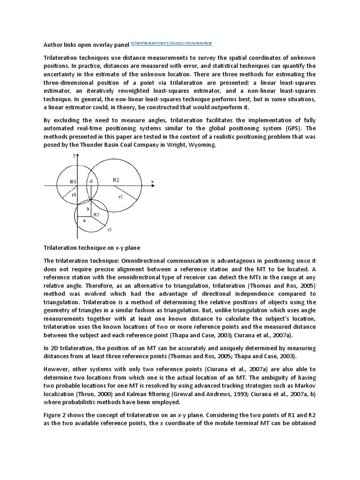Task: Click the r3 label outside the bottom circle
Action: coord(109,229)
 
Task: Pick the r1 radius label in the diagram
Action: coord(75,194)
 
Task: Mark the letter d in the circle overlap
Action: coord(91,180)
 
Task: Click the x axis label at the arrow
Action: coord(152,181)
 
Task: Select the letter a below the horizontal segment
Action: coord(84,219)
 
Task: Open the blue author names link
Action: coord(172,43)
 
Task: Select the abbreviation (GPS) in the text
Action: coord(291,128)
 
